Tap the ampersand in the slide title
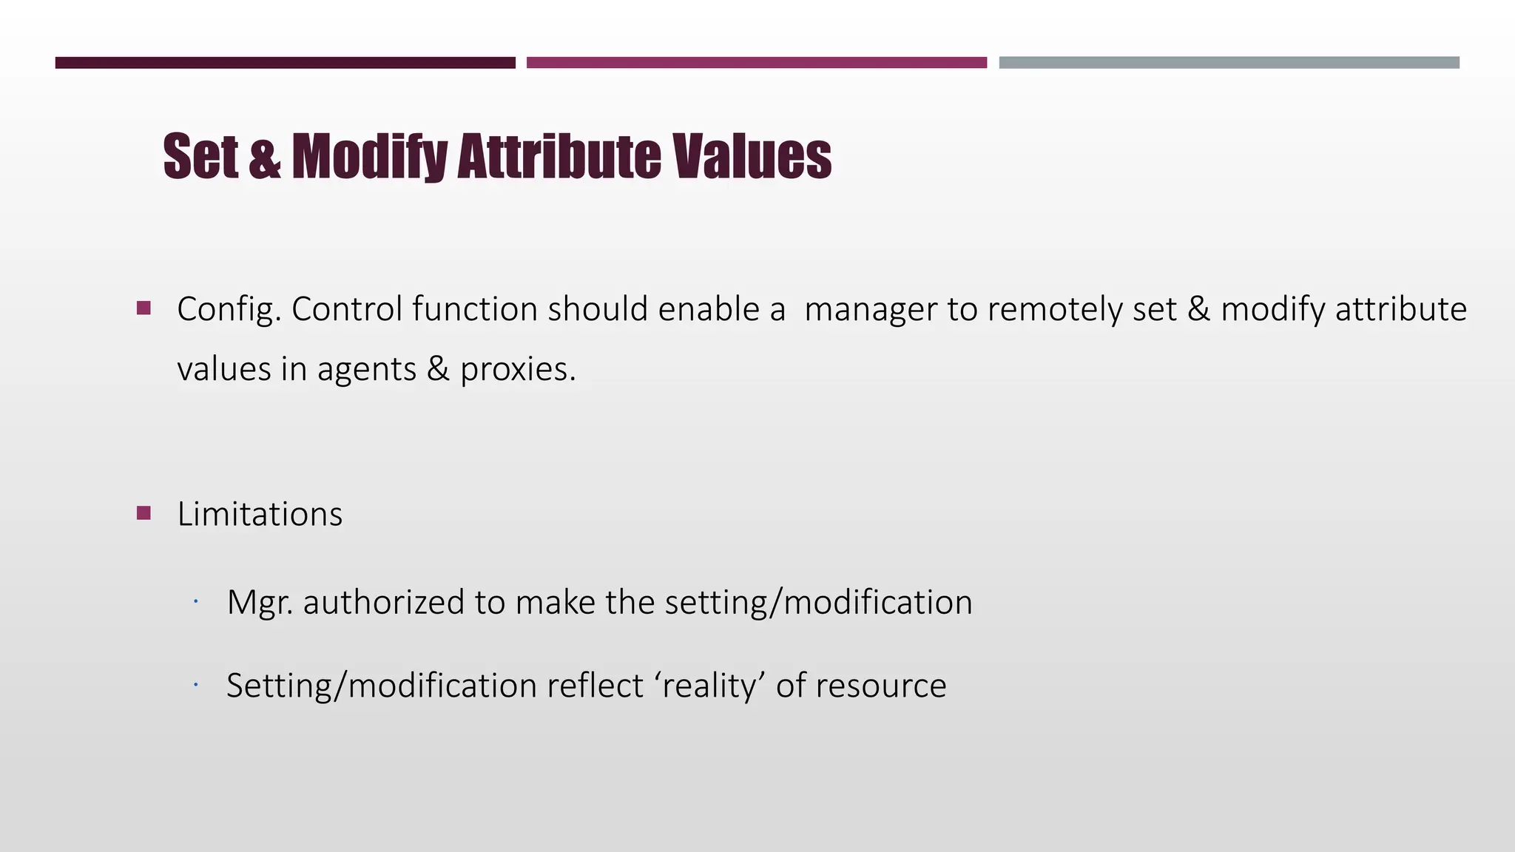(265, 157)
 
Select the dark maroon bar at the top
(285, 63)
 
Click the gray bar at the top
(1229, 63)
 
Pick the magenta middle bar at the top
(756, 63)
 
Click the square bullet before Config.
(144, 308)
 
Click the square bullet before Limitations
(144, 513)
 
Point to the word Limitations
(260, 514)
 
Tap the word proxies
(517, 369)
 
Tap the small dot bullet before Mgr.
(195, 602)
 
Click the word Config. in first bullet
(229, 310)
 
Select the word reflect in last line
(595, 686)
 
